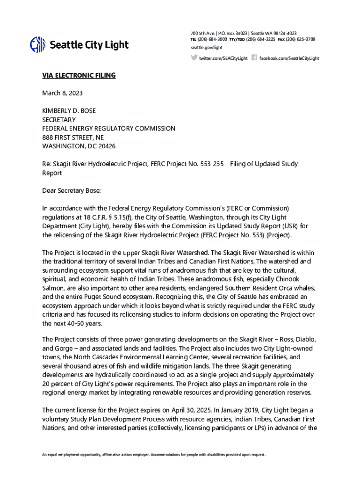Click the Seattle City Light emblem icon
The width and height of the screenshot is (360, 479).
click(x=37, y=45)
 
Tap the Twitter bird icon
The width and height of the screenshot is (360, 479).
click(x=194, y=58)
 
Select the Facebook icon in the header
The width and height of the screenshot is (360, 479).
click(x=254, y=58)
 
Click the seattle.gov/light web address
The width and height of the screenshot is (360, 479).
click(x=207, y=48)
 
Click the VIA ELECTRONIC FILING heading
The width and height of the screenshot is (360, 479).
click(x=79, y=76)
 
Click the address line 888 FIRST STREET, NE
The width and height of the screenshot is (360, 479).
click(x=73, y=137)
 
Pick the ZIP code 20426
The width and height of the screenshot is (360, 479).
click(x=106, y=146)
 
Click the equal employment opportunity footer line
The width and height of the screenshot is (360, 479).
click(x=154, y=455)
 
